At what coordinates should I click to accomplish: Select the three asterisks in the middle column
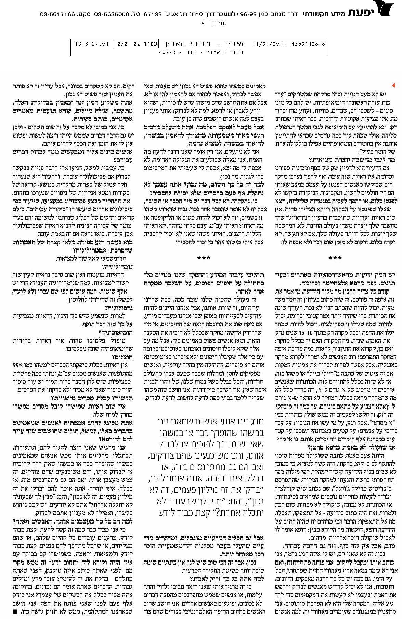point(204,257)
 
